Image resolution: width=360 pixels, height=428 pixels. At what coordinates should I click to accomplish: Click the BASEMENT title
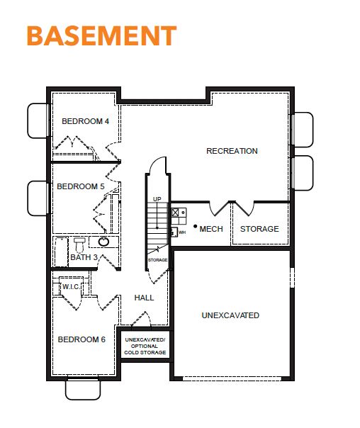coord(101,35)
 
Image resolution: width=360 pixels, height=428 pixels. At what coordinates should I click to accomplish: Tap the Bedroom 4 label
coord(86,121)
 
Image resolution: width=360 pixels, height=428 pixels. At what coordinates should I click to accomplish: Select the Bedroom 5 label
coord(81,186)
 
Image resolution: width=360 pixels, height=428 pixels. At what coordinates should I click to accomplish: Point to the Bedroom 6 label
coord(81,339)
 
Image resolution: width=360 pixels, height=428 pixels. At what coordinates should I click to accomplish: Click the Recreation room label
coord(232,151)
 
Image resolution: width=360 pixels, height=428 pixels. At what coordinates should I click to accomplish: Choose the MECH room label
coord(211,229)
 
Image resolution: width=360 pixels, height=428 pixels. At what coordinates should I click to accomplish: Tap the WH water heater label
coord(182,232)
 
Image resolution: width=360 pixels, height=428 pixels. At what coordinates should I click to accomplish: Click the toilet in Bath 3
coord(79,245)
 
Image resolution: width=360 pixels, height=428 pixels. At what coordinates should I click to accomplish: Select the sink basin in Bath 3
coord(103,242)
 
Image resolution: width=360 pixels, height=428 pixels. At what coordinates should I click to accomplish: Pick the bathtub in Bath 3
coord(62,252)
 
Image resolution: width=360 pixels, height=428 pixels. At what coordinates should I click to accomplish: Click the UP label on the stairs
coord(157,199)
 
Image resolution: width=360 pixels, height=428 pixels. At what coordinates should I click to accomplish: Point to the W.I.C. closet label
coord(71,287)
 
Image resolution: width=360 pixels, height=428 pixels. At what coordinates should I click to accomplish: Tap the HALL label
coord(144,298)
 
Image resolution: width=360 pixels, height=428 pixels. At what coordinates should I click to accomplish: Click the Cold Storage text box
coord(145,346)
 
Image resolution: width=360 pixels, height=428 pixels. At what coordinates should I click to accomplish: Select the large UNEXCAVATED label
coord(230,315)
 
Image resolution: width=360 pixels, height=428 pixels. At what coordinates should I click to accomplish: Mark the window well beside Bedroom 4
coord(38,120)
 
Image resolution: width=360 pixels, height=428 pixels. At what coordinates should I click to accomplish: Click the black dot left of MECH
coord(195,226)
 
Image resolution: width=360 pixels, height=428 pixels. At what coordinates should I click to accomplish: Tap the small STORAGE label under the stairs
coord(157,260)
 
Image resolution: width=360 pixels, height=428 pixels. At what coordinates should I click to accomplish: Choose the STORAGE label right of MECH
coord(259,229)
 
